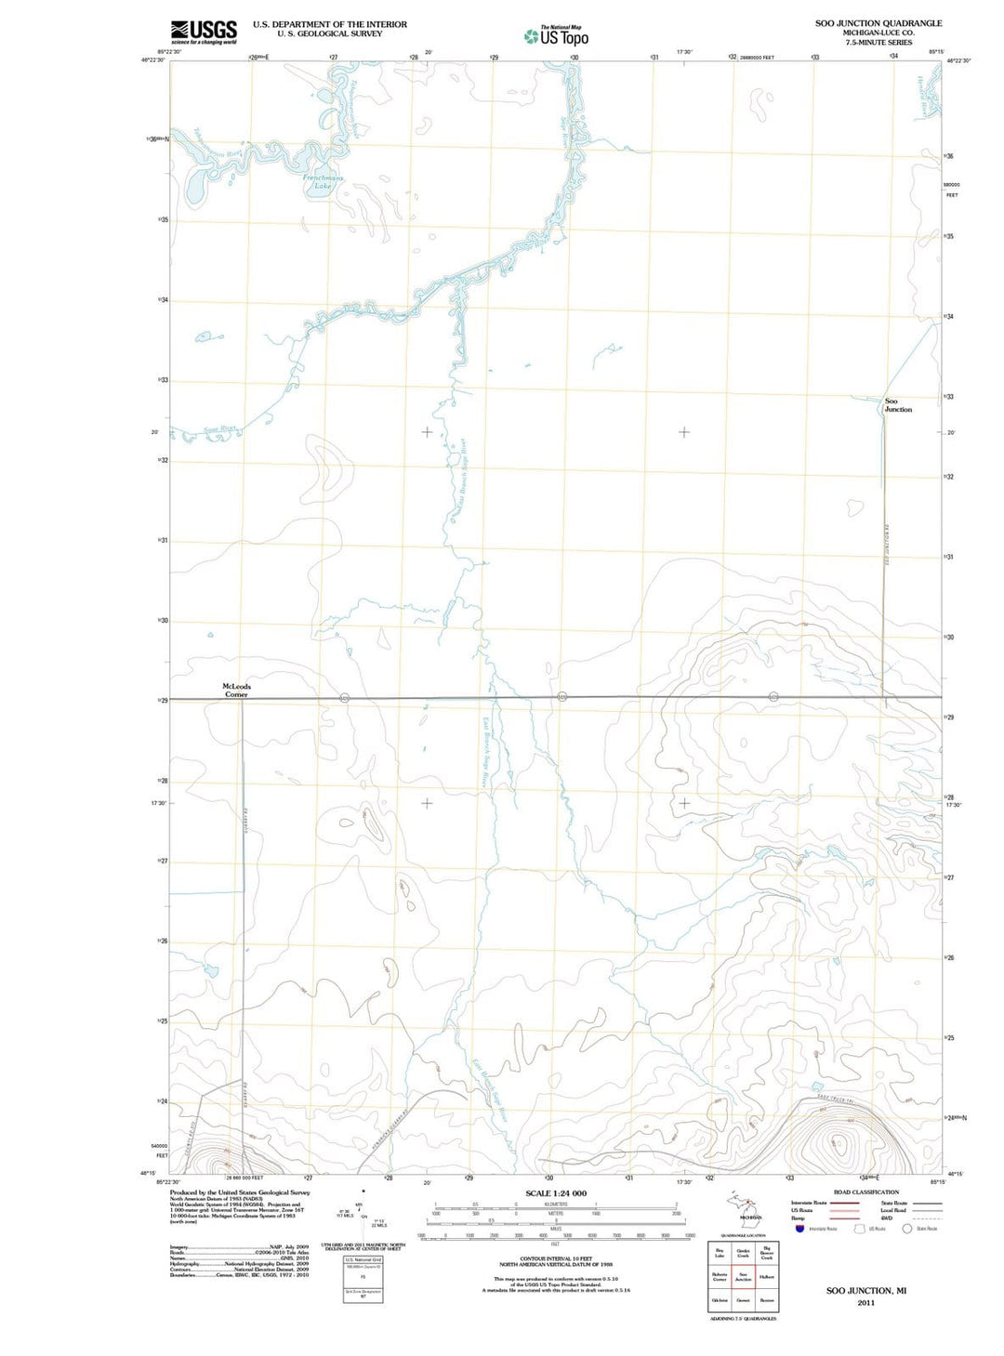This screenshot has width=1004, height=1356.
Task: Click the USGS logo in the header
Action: [x=204, y=32]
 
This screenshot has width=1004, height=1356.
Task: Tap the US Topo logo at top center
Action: [x=556, y=36]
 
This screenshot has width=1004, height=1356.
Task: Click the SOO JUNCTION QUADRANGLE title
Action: [x=878, y=23]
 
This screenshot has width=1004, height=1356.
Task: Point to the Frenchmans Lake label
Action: [x=323, y=181]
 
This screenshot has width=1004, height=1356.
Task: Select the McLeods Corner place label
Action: [x=236, y=690]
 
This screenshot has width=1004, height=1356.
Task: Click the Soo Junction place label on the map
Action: [x=897, y=405]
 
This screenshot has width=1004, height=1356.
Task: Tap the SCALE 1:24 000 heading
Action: [x=556, y=1193]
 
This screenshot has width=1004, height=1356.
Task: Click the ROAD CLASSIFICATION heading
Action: [x=865, y=1191]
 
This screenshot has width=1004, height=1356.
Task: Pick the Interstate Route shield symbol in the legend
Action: [x=799, y=1229]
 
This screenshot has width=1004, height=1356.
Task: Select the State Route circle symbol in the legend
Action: [x=907, y=1229]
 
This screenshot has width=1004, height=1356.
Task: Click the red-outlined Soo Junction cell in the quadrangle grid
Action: [x=743, y=1277]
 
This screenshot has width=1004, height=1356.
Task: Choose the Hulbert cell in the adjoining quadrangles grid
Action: [x=767, y=1277]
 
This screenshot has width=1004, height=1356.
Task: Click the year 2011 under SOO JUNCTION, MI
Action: [x=865, y=1302]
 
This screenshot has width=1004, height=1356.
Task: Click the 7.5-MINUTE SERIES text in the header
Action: [x=878, y=43]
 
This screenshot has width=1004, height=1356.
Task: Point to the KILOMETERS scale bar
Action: [x=556, y=1205]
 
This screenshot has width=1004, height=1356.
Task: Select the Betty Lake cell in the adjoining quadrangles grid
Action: [x=719, y=1254]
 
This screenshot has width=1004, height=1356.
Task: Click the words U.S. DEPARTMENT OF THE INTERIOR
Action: [x=329, y=24]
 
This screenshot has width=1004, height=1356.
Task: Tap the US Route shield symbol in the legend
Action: [x=860, y=1229]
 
